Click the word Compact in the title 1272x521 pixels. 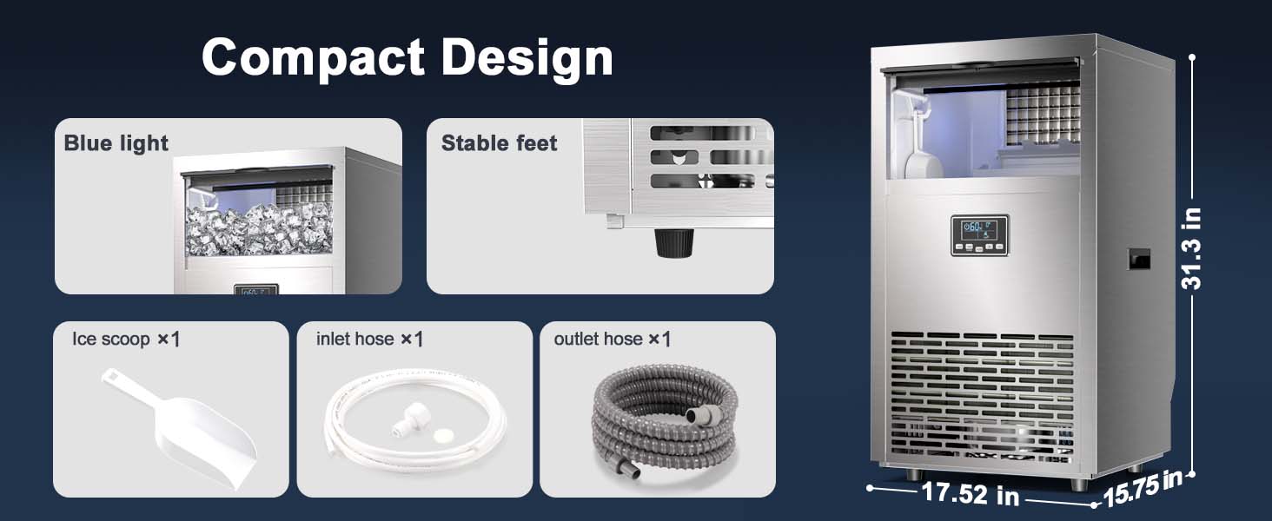tap(313, 58)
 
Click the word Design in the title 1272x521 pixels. tap(527, 58)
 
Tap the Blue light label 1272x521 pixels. tap(116, 143)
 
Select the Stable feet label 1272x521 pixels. tap(499, 143)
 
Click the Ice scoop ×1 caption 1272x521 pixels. tap(126, 339)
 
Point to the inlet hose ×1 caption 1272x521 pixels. tap(369, 339)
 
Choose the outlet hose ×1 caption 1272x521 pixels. tap(613, 339)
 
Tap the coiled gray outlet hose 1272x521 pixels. tap(665, 420)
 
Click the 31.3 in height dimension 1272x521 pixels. tap(1191, 248)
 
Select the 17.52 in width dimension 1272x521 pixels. tap(971, 493)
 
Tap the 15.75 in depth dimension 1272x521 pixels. tap(1142, 488)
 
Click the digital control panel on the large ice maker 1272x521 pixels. tap(979, 235)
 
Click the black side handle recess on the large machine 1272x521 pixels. tap(1138, 259)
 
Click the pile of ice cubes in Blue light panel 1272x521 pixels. tap(260, 229)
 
